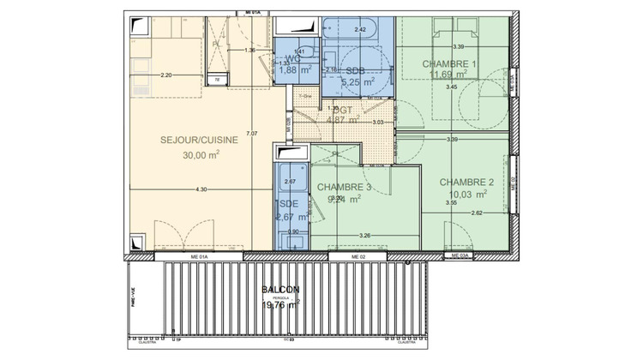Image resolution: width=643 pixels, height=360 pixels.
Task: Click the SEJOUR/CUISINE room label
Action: (200, 140)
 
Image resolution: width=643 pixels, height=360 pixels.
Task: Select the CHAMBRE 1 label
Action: (448, 65)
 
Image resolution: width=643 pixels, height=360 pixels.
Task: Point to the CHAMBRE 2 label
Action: (467, 183)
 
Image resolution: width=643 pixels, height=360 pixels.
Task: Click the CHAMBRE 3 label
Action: (344, 187)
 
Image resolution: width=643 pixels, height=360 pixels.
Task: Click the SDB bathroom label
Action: (353, 71)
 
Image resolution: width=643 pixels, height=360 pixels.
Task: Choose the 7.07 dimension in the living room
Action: (251, 134)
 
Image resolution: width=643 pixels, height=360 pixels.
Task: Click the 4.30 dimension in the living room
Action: (201, 189)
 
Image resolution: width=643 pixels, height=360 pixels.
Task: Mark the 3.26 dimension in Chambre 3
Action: (364, 235)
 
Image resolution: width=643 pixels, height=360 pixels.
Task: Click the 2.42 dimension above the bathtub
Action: (361, 30)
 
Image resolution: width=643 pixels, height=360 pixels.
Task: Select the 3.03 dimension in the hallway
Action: (377, 123)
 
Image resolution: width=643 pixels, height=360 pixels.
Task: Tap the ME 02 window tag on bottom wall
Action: (358, 256)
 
